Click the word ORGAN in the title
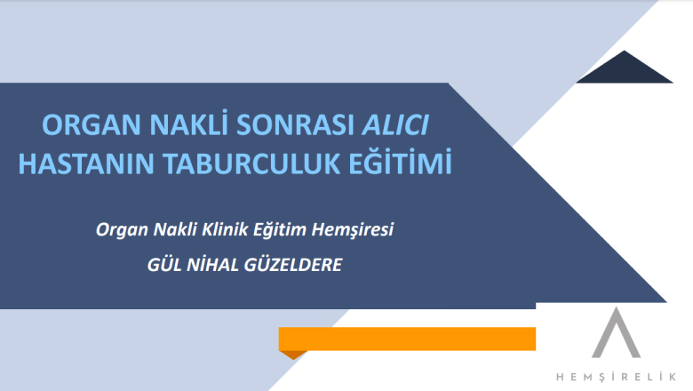pos(92,124)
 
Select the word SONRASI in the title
pos(295,124)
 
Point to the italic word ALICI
pos(395,124)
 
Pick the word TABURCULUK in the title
pos(252,164)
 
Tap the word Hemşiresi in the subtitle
pos(352,230)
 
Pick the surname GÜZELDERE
pos(293,264)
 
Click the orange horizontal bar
pos(407,339)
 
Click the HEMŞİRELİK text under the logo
pos(616,377)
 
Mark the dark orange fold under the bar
pos(292,355)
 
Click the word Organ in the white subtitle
pos(122,230)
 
